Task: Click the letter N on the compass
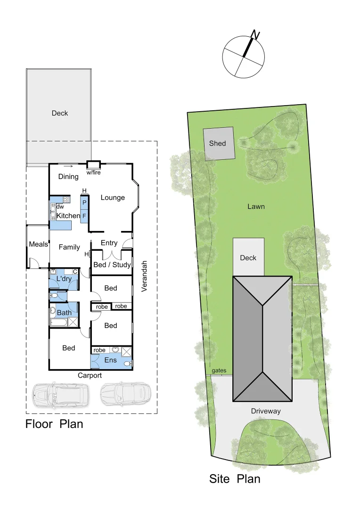click(255, 34)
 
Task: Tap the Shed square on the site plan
click(218, 143)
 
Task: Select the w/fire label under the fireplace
click(93, 172)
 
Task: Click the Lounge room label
click(113, 197)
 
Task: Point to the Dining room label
click(68, 177)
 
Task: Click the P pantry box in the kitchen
click(84, 202)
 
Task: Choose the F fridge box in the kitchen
click(84, 216)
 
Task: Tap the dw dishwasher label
click(60, 206)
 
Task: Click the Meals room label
click(38, 244)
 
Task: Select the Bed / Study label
click(112, 264)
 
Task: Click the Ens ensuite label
click(110, 360)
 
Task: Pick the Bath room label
click(64, 312)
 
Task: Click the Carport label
click(90, 376)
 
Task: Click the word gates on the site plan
click(219, 371)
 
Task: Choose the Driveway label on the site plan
click(266, 411)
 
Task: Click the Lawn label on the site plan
click(256, 206)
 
